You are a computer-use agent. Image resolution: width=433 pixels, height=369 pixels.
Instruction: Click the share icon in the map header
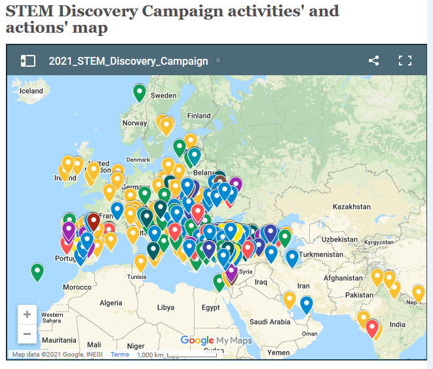pos(373,61)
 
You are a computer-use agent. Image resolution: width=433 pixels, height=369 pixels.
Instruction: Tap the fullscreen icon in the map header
pos(405,61)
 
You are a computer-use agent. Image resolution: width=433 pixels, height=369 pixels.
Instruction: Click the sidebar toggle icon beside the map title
pos(28,61)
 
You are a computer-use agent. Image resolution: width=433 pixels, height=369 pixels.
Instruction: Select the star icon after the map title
pos(218,61)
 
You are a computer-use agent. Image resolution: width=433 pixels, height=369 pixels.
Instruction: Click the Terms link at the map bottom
pos(120,355)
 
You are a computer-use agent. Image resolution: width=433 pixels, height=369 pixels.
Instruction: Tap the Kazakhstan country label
pos(351,206)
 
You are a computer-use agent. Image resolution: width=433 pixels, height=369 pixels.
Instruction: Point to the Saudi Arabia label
pos(269,321)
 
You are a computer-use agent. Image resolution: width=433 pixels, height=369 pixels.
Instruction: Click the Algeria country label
pos(110,303)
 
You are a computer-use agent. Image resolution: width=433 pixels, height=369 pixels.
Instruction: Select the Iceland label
pos(31,91)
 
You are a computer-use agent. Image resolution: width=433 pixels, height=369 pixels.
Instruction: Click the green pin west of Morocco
pos(37,271)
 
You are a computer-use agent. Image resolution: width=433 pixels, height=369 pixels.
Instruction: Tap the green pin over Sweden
pos(140,92)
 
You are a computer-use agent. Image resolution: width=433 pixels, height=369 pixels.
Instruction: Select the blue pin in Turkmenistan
pos(292,258)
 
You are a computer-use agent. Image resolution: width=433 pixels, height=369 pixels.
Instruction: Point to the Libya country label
pos(166,307)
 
